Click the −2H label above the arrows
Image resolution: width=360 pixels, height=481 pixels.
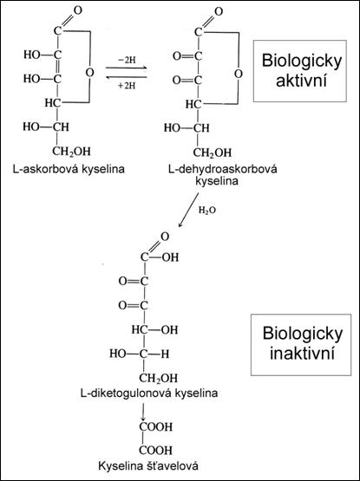point(127,60)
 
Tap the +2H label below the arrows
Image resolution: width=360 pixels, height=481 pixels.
point(127,86)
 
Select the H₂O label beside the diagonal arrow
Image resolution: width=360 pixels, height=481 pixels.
point(207,211)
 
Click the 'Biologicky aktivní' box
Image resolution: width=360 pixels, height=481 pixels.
point(300,71)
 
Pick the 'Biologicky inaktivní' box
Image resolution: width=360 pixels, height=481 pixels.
point(301,345)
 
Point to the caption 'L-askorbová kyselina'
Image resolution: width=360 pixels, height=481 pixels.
point(69,169)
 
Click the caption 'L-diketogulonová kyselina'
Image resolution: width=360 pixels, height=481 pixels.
point(149,393)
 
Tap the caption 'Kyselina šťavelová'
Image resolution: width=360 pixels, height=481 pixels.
point(148,466)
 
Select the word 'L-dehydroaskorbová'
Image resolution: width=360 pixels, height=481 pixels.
point(222,169)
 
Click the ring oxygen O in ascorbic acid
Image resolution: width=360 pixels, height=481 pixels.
point(89,73)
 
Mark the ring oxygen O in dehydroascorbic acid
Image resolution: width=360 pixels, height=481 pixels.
point(238,74)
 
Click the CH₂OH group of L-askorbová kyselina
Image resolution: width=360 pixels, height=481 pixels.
point(71,152)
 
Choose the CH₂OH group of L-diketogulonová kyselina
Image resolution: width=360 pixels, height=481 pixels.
point(158,378)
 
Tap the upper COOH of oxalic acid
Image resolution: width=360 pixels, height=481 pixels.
point(156,426)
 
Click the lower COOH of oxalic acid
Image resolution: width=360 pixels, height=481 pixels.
point(156,451)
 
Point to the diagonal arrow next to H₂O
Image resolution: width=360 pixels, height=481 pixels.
point(188,210)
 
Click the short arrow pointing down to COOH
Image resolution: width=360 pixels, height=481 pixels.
point(142,412)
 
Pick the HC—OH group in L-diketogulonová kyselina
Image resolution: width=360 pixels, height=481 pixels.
point(154,330)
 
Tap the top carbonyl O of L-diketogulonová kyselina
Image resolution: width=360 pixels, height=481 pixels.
point(165,237)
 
